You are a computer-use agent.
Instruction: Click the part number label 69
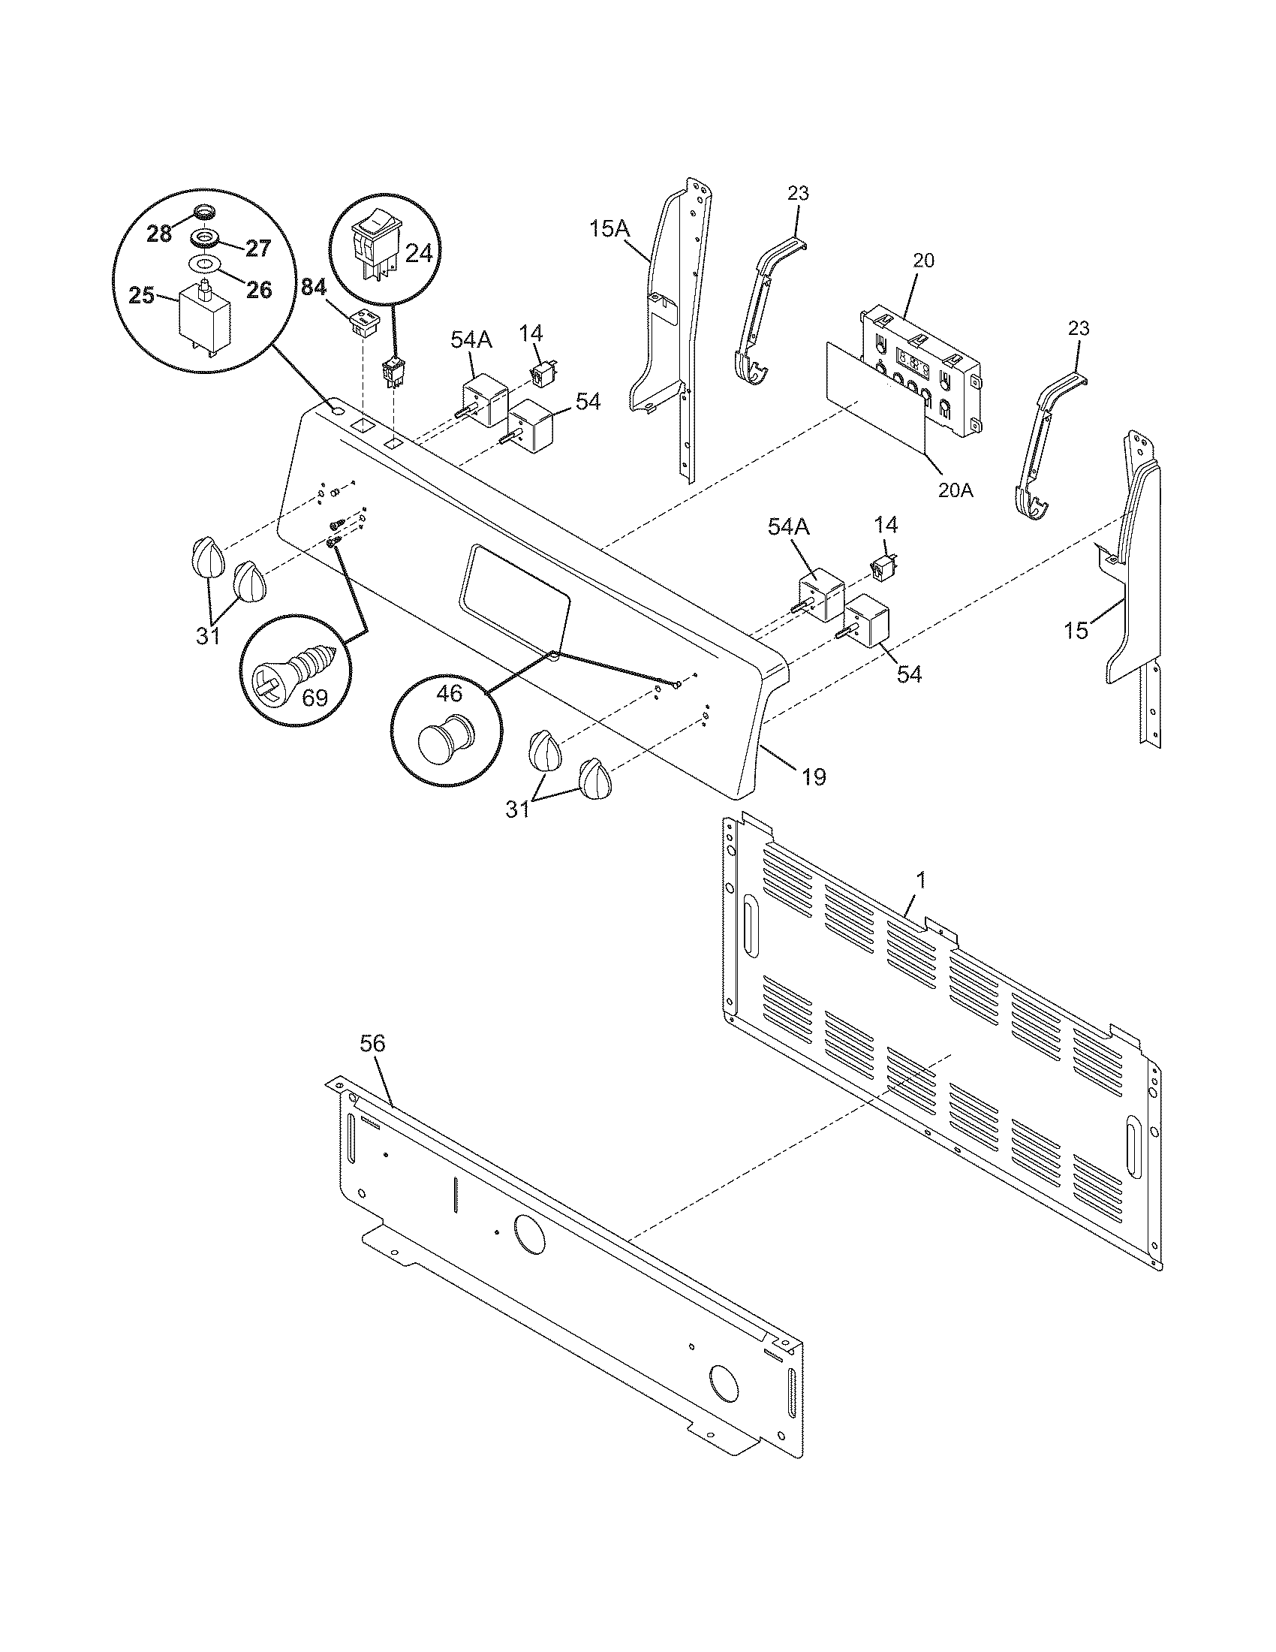[314, 696]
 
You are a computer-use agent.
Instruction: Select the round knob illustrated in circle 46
[445, 737]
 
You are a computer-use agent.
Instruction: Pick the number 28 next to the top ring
[159, 234]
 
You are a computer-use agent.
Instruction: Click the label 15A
[609, 228]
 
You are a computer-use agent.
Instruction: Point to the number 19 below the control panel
[814, 776]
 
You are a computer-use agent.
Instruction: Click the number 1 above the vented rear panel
[920, 881]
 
